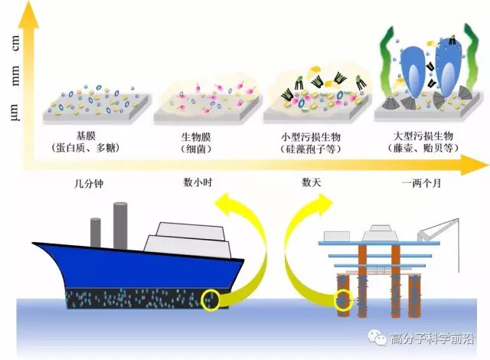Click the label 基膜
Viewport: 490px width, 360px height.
(86, 136)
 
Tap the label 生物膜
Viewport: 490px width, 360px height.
(196, 136)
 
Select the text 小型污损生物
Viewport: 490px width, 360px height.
(311, 136)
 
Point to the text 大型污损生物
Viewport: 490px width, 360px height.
(423, 136)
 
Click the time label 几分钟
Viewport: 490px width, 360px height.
(89, 183)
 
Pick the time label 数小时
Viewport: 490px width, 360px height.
(198, 182)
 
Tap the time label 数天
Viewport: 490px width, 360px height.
(312, 182)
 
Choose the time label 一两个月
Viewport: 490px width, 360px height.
(422, 183)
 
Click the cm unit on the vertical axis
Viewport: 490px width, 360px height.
(15, 43)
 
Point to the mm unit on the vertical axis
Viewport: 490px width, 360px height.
(15, 75)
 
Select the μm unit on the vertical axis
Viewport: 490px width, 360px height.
(15, 112)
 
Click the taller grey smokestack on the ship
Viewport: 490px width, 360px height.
(120, 226)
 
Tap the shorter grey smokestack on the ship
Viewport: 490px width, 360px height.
(96, 232)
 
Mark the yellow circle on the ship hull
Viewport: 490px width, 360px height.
(211, 292)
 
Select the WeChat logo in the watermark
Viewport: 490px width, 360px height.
(377, 337)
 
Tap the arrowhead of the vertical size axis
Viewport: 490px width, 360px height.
(28, 15)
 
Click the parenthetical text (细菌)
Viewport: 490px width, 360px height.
(196, 149)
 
